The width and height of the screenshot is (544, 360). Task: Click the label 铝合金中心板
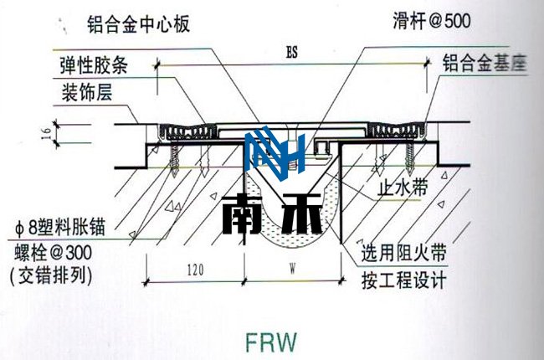tap(140, 22)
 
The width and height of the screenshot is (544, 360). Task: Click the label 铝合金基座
tap(485, 64)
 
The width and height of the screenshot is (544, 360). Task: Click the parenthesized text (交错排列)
tap(51, 276)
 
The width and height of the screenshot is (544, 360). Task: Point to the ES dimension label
tap(290, 53)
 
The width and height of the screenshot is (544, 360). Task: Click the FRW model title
tap(271, 342)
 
